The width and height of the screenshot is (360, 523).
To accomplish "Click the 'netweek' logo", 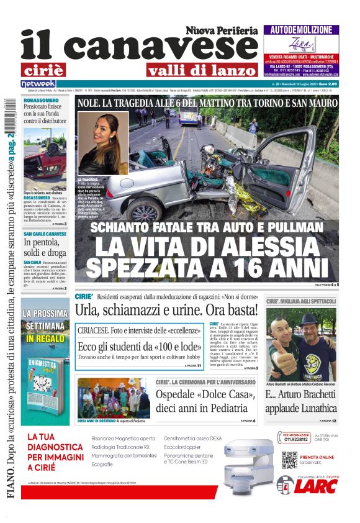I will click(x=38, y=83).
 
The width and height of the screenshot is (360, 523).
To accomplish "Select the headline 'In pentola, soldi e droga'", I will click(x=44, y=247).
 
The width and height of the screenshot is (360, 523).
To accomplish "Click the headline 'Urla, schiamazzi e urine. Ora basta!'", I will click(x=166, y=309).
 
